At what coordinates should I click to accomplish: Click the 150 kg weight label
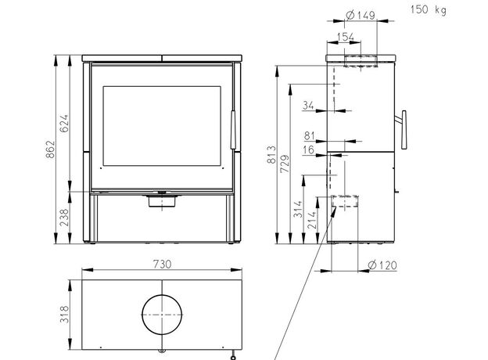[429, 9]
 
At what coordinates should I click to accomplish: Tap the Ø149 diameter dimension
[361, 15]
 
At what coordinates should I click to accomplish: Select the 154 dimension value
[346, 37]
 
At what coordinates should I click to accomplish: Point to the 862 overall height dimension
[51, 149]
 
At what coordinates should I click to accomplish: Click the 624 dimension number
[64, 124]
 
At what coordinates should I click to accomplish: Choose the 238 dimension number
[64, 218]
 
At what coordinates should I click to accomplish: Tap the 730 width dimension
[162, 264]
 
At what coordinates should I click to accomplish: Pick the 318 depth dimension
[64, 315]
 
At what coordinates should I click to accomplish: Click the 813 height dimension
[271, 154]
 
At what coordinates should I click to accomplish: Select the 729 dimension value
[285, 164]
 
